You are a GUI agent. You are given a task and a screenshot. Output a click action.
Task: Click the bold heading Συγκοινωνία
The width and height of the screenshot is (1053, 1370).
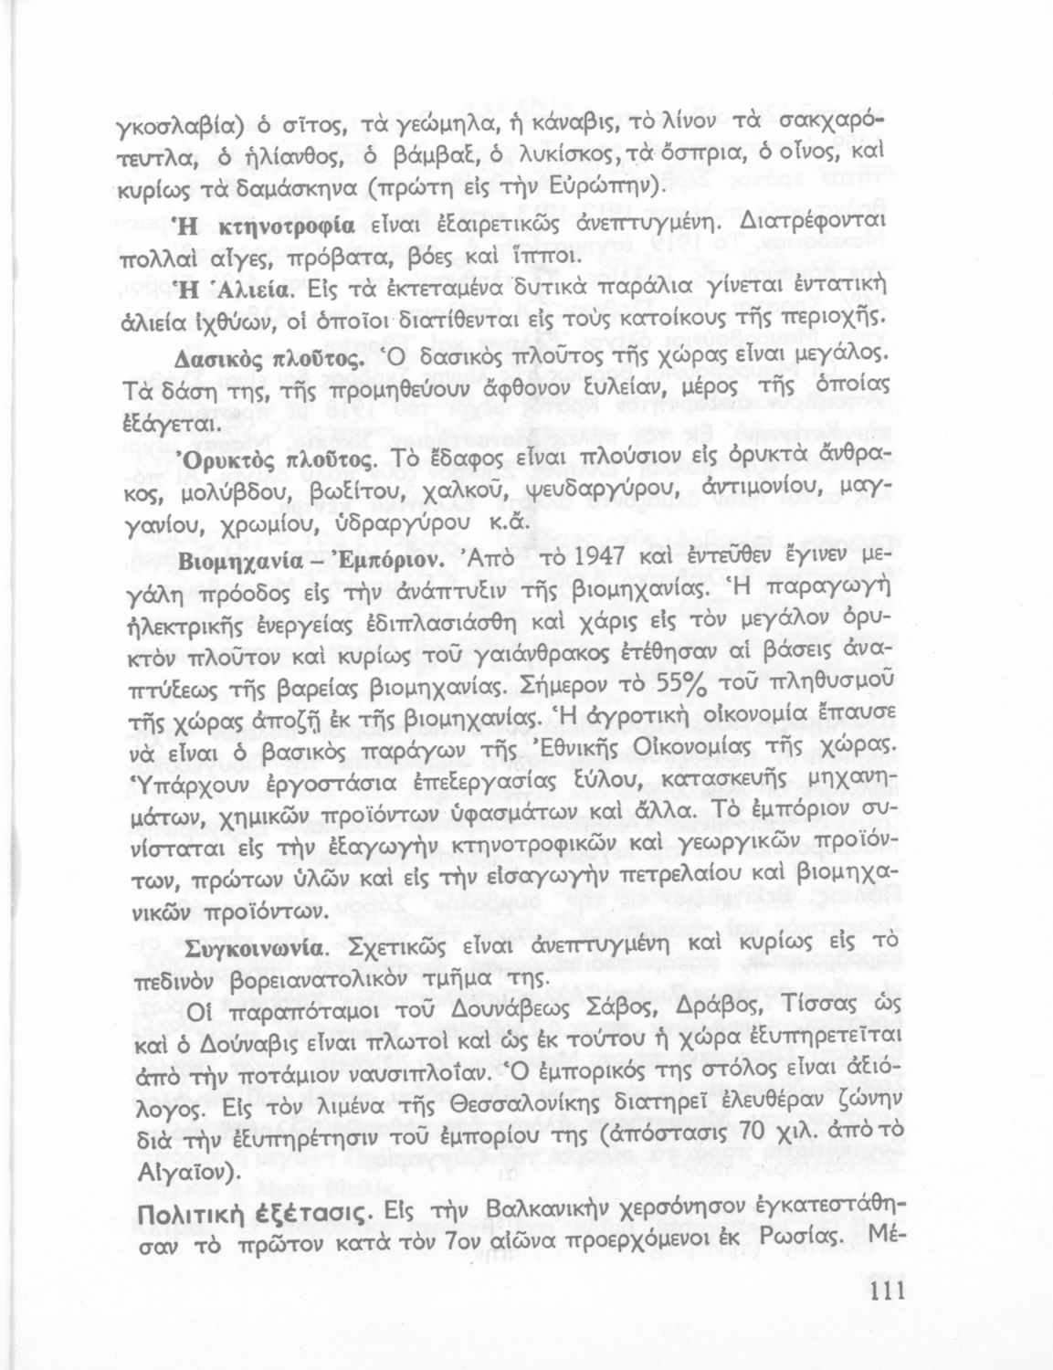(x=253, y=948)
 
